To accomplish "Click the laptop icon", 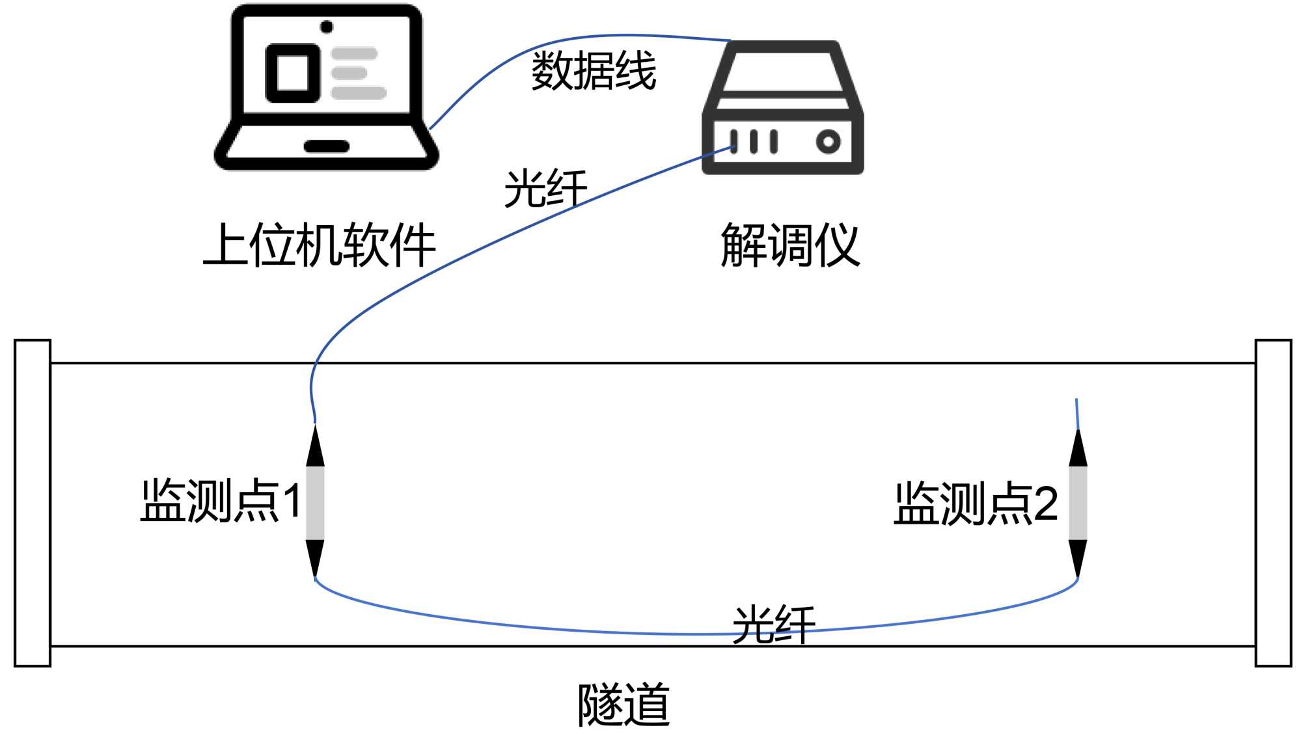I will pyautogui.click(x=326, y=88).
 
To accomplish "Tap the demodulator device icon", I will pyautogui.click(x=782, y=108).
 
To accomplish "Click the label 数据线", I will pyautogui.click(x=594, y=71).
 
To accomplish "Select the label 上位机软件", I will pyautogui.click(x=319, y=245).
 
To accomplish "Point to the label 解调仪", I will pyautogui.click(x=790, y=245).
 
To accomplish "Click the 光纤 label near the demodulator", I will pyautogui.click(x=545, y=189).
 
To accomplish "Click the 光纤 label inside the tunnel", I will pyautogui.click(x=773, y=625).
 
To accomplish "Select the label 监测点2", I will pyautogui.click(x=976, y=503).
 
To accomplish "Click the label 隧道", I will pyautogui.click(x=623, y=705).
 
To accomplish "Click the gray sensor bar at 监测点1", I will pyautogui.click(x=315, y=502).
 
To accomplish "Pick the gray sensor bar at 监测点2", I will pyautogui.click(x=1078, y=503).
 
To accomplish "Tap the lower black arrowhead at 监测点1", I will pyautogui.click(x=315, y=557).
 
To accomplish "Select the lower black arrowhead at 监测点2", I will pyautogui.click(x=1078, y=557).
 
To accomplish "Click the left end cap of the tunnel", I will pyautogui.click(x=33, y=503).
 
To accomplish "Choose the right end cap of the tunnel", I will pyautogui.click(x=1273, y=503).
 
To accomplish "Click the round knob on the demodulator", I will pyautogui.click(x=828, y=141).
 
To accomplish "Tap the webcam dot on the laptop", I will pyautogui.click(x=327, y=27).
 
